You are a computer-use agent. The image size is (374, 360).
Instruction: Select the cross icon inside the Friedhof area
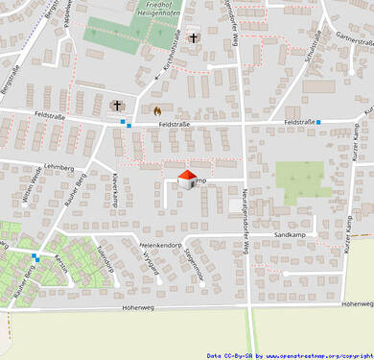click(x=193, y=38)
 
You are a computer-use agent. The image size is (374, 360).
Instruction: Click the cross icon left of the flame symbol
click(x=118, y=105)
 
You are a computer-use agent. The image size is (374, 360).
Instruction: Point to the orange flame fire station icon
click(x=157, y=110)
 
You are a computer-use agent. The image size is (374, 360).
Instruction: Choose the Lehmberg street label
click(x=58, y=167)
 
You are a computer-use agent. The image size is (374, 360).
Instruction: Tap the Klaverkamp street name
click(x=114, y=190)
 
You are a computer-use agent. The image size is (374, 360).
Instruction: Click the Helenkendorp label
click(x=160, y=245)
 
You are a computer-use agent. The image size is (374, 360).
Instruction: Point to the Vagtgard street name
click(x=149, y=264)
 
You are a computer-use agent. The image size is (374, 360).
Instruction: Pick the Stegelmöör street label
click(x=195, y=264)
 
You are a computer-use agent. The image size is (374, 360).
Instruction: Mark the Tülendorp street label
click(x=105, y=257)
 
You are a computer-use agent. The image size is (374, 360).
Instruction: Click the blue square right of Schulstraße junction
click(x=319, y=122)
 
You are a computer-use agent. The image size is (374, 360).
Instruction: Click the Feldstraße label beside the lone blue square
click(x=300, y=122)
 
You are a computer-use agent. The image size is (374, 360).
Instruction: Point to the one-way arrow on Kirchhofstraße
click(x=157, y=76)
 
